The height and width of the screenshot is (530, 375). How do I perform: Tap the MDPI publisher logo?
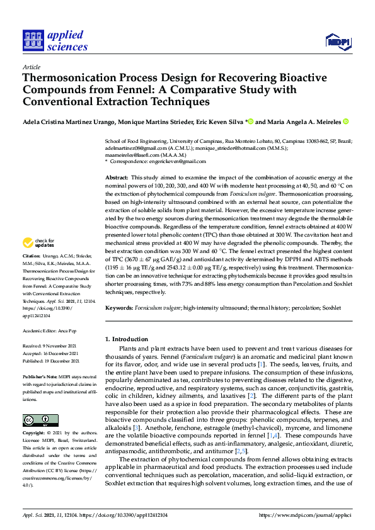pos(337,42)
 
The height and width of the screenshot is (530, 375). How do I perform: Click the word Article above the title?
pos(31,67)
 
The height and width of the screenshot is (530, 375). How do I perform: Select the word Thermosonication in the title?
pos(70,77)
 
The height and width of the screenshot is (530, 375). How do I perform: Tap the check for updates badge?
pos(38,242)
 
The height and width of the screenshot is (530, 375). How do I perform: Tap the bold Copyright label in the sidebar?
pos(33,434)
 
